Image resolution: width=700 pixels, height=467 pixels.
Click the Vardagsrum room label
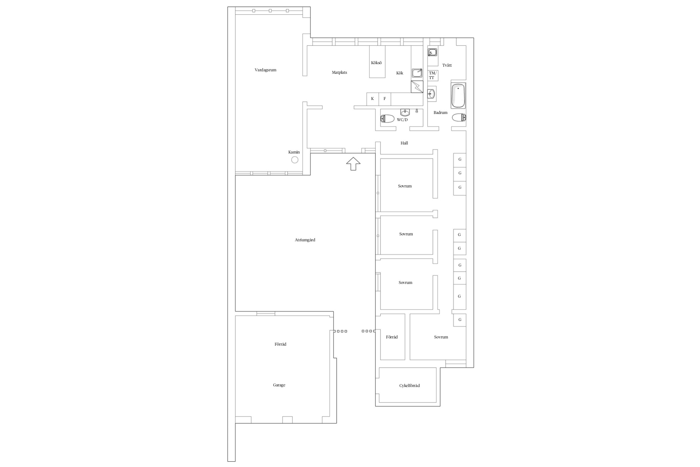(265, 70)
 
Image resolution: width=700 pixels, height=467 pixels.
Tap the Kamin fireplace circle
(295, 160)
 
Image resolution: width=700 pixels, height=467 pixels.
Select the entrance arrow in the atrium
(353, 164)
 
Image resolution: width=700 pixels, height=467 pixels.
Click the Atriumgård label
(305, 240)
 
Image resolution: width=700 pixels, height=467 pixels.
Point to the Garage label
(279, 385)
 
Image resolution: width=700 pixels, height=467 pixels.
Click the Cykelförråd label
(409, 386)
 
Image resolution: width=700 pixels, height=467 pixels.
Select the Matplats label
(339, 73)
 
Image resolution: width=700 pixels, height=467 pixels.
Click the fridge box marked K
(372, 99)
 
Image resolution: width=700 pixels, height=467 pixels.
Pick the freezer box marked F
(385, 99)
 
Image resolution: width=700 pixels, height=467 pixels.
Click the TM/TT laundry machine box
(433, 75)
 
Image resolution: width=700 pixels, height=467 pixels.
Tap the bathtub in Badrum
(458, 96)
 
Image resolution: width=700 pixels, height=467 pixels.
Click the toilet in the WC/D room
(387, 119)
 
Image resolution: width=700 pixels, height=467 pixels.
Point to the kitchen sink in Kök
(417, 73)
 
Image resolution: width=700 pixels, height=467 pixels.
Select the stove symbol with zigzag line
(417, 87)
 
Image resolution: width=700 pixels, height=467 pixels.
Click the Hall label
(404, 143)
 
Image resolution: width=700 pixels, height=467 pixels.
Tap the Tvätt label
(447, 65)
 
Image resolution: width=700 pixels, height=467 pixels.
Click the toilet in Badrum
(459, 118)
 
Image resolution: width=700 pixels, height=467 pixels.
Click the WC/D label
(402, 120)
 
